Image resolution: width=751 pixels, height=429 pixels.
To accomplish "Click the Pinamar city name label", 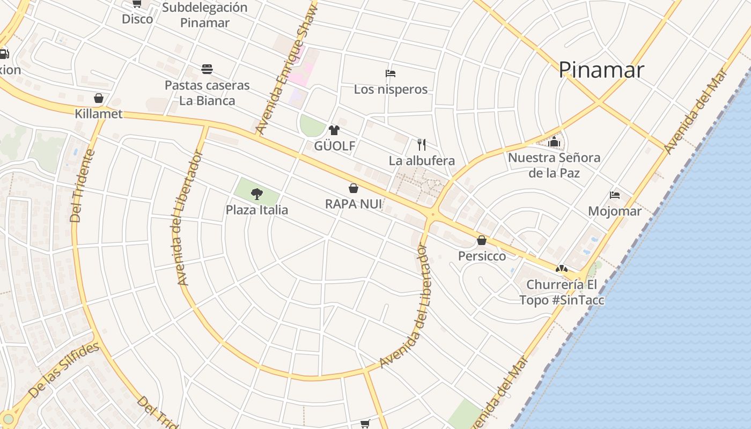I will [601, 70].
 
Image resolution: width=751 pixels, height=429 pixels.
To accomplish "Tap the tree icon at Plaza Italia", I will [257, 194].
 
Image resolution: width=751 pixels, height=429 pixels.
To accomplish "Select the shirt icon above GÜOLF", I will [334, 130].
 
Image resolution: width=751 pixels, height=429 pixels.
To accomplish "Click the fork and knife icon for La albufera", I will [422, 144].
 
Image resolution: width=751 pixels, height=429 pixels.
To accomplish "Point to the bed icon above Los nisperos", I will [391, 73].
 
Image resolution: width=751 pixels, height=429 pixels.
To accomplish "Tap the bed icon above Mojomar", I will [615, 195].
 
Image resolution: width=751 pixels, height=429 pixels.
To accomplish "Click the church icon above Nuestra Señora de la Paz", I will [554, 142].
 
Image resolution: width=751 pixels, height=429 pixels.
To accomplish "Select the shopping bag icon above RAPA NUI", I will [354, 188].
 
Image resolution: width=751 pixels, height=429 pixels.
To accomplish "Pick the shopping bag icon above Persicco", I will [482, 240].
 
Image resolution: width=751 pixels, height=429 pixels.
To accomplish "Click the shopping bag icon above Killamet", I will [99, 98].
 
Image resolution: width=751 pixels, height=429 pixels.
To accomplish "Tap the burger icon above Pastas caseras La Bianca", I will [207, 69].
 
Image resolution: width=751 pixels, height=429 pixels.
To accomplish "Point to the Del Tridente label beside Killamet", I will [83, 186].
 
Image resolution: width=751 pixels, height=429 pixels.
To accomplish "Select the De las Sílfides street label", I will [64, 370].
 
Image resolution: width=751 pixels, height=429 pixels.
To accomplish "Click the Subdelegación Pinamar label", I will [205, 15].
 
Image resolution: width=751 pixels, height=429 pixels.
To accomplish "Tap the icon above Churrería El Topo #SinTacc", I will [561, 269].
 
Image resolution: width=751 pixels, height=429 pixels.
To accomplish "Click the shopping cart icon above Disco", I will [137, 4].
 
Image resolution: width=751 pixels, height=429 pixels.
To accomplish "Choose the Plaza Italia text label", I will [257, 210].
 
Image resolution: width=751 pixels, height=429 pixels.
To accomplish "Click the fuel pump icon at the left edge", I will [4, 54].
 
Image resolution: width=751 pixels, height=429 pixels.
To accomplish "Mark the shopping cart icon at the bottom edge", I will [365, 424].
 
